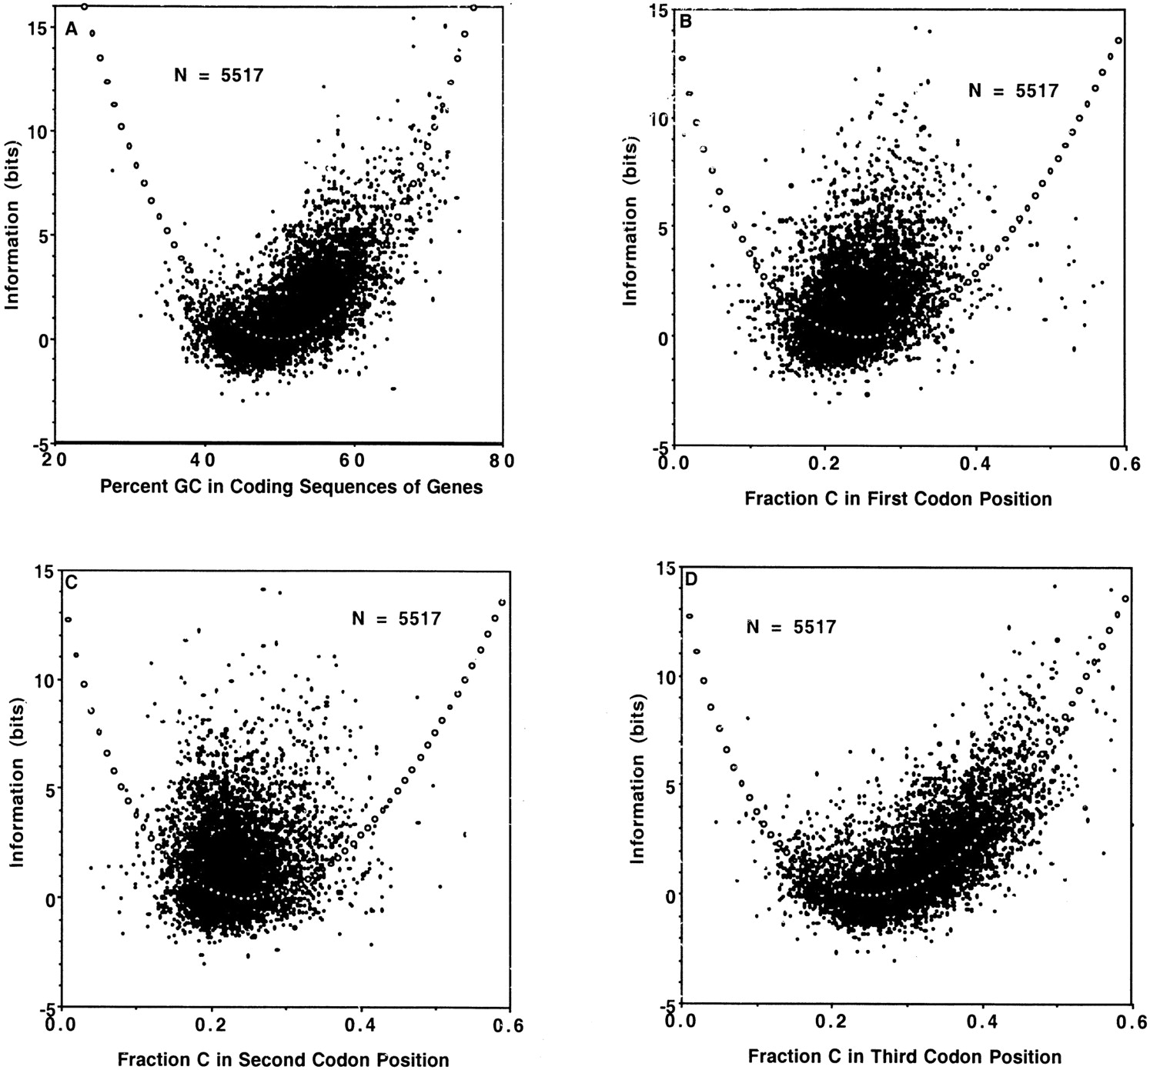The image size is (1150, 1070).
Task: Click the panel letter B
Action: pyautogui.click(x=687, y=21)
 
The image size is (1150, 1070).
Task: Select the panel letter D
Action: pyautogui.click(x=690, y=578)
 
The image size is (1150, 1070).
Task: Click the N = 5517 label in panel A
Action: pyautogui.click(x=219, y=75)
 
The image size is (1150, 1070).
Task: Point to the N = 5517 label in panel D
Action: pyautogui.click(x=791, y=627)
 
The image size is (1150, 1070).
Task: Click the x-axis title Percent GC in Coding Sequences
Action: pyautogui.click(x=292, y=487)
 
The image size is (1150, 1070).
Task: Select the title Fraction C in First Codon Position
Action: pyautogui.click(x=898, y=498)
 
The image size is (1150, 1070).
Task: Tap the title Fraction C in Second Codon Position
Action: pyautogui.click(x=283, y=1059)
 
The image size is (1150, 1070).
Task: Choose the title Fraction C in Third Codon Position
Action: pyautogui.click(x=904, y=1057)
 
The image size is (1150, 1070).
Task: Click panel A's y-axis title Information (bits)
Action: pyautogui.click(x=12, y=224)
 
